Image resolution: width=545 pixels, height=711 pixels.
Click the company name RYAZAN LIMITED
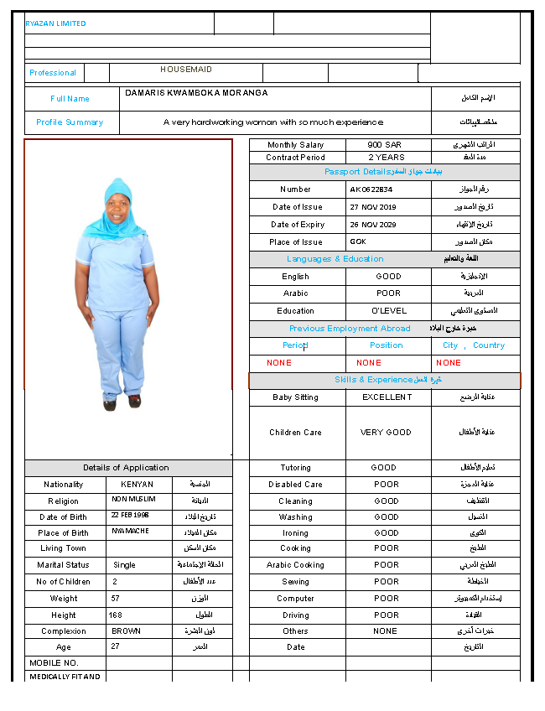[x=55, y=23]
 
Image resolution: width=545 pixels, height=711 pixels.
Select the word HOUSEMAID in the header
[x=186, y=70]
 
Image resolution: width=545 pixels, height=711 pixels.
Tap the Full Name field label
[x=70, y=99]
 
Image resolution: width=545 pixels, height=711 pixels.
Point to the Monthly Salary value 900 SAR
[x=385, y=145]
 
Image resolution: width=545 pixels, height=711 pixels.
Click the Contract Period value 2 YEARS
[x=386, y=158]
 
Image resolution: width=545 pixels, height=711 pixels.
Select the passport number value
[x=371, y=189]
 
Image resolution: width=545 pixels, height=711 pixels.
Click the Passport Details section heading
[x=384, y=172]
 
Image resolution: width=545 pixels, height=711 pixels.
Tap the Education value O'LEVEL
[x=388, y=311]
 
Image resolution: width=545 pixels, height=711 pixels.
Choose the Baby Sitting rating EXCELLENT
[x=387, y=397]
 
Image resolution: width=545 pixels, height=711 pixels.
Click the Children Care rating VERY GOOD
[x=387, y=433]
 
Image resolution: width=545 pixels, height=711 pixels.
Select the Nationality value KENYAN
[x=137, y=485]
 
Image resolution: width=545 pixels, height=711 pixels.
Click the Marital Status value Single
[x=124, y=565]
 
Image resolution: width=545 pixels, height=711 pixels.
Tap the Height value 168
[x=116, y=615]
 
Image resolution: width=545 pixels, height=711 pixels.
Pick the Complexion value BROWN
[x=126, y=631]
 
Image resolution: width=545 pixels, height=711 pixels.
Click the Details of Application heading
[x=126, y=468]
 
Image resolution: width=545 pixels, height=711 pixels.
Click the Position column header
[x=386, y=345]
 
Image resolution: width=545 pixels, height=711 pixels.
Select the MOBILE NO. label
[x=53, y=663]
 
